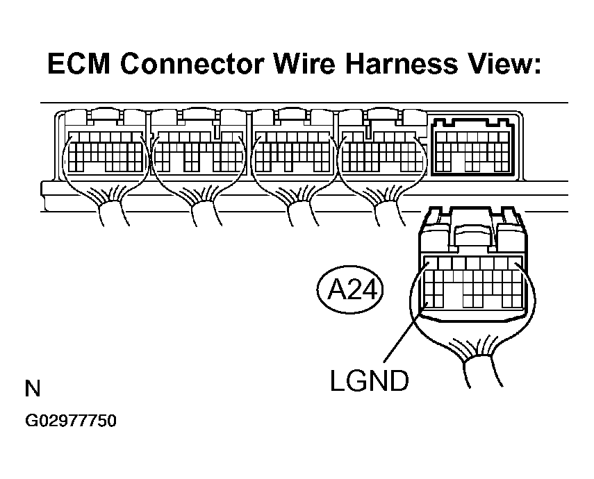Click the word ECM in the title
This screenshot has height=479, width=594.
pos(79,64)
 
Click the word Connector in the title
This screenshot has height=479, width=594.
pos(192,64)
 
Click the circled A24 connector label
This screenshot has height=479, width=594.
pos(350,290)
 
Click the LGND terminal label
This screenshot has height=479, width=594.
pos(370,380)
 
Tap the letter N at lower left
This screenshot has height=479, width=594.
pos(33,389)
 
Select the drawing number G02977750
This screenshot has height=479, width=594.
pos(70,421)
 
